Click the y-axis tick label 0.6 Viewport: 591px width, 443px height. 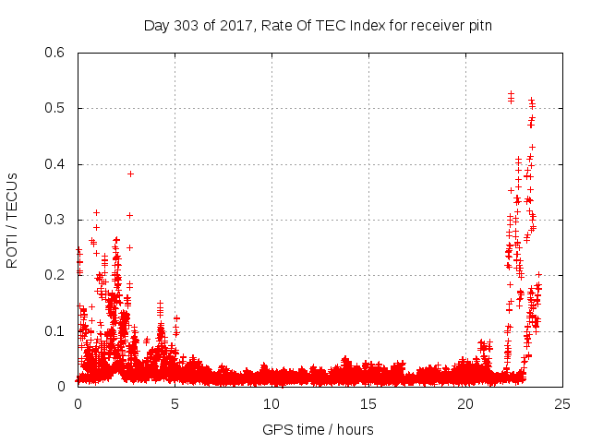55,54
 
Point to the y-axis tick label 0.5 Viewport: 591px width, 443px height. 55,109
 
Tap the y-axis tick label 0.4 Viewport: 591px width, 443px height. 55,164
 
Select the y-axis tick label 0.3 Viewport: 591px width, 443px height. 55,221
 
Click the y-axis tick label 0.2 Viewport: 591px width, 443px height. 55,276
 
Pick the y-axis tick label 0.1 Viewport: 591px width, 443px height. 55,331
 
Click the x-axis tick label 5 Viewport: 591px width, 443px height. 175,403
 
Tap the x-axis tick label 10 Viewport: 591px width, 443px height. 271,403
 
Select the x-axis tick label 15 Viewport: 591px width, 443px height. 368,403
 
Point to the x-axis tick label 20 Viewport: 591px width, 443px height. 465,403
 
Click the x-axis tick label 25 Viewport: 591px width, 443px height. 562,403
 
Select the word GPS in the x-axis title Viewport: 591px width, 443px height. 276,429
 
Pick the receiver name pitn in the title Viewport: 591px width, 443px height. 478,25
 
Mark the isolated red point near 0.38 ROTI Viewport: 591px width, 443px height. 131,174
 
